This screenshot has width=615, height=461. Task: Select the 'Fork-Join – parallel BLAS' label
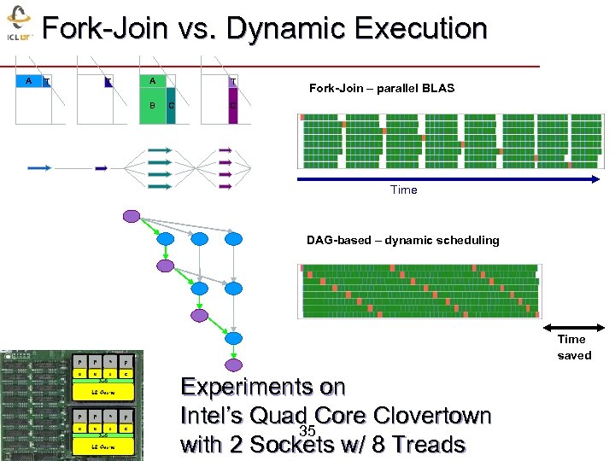381,88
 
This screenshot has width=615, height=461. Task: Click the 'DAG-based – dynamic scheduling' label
402,240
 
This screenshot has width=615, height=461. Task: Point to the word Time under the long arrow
403,190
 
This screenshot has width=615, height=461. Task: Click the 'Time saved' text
573,347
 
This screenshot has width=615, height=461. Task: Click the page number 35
308,431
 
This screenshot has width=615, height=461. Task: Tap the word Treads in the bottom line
424,445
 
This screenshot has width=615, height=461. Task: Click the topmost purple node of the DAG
131,216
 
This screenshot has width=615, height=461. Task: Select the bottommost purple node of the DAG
199,316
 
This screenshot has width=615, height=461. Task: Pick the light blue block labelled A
29,82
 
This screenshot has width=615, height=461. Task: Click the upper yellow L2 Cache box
102,391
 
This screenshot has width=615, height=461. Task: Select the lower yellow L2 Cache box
102,446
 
